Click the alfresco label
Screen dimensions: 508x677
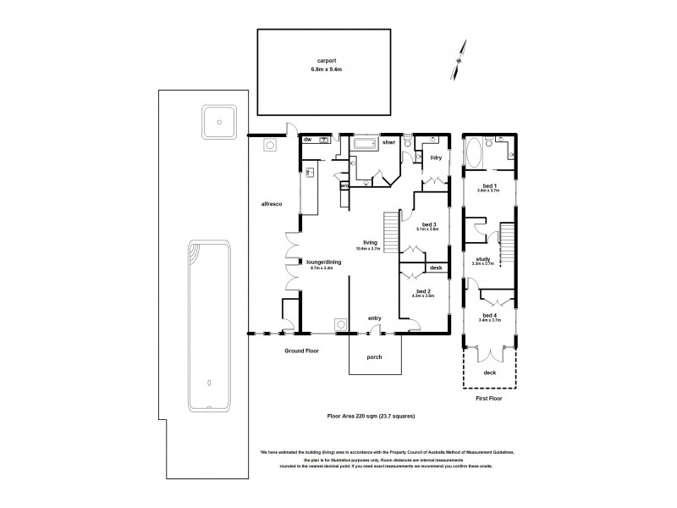[271, 204]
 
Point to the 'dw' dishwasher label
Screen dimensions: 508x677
[309, 139]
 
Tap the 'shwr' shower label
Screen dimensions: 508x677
[389, 143]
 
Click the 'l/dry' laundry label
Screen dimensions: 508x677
[437, 158]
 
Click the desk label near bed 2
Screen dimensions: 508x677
[436, 268]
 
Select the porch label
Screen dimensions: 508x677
[374, 356]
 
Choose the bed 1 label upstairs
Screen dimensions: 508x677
[489, 185]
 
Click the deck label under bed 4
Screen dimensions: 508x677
[489, 373]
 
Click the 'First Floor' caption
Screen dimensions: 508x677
[489, 398]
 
